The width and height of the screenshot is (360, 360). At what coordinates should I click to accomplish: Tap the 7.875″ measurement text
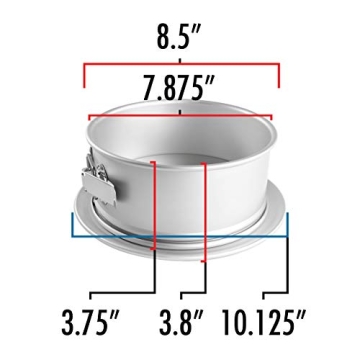(181, 87)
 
